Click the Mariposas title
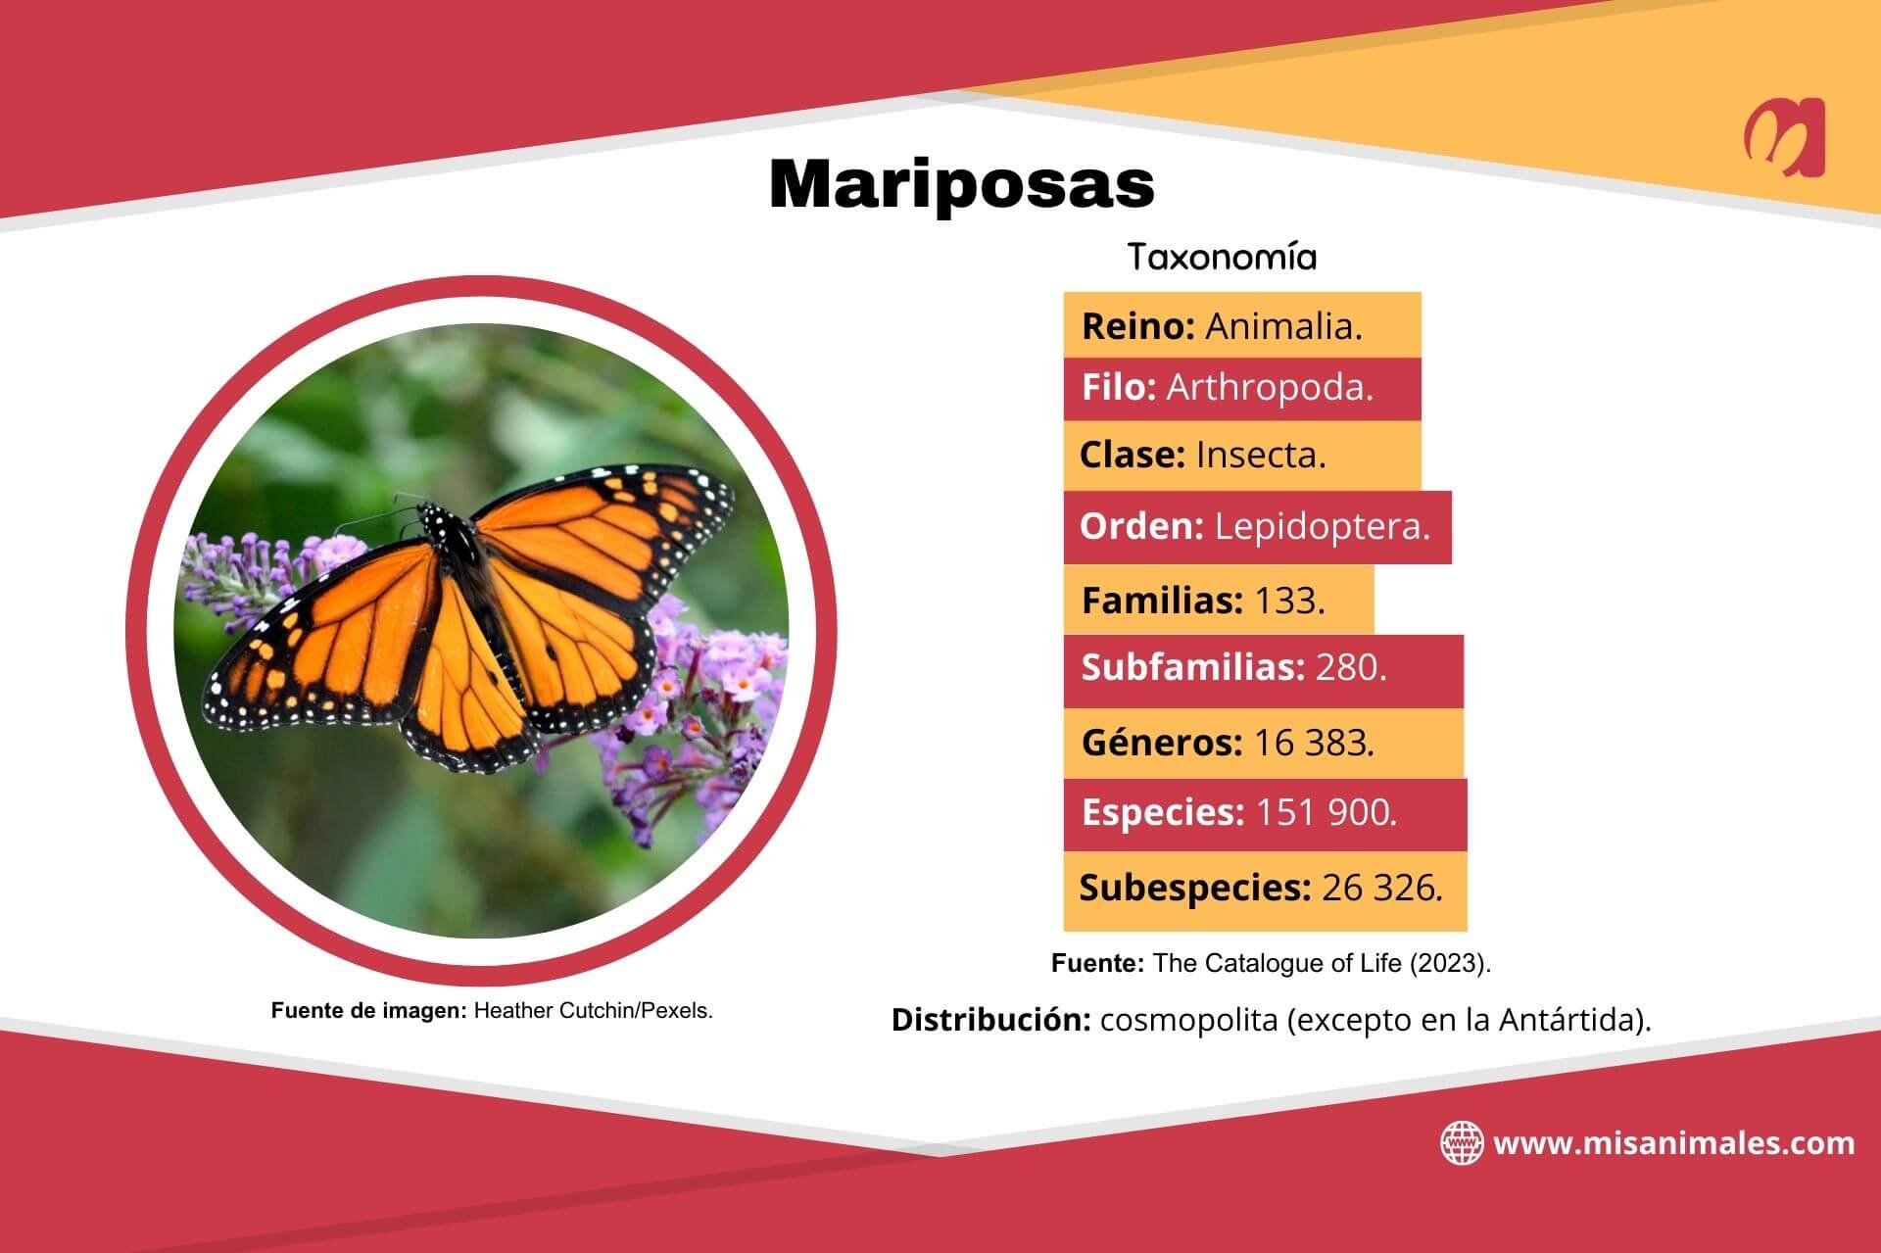click(x=961, y=183)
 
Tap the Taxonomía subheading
click(x=1222, y=258)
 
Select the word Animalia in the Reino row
click(x=1282, y=326)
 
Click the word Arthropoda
click(x=1269, y=388)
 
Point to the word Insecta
click(x=1260, y=455)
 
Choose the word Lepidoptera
click(x=1322, y=527)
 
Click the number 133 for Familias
click(x=1288, y=600)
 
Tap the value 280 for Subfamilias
click(x=1350, y=667)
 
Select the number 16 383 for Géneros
click(x=1314, y=743)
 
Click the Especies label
click(x=1162, y=812)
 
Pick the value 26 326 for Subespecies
click(x=1381, y=888)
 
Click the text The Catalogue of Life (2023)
click(x=1322, y=963)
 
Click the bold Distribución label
click(x=990, y=1020)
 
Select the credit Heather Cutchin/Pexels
click(x=593, y=1011)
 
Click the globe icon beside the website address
click(x=1461, y=1143)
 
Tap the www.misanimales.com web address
click(x=1673, y=1143)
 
